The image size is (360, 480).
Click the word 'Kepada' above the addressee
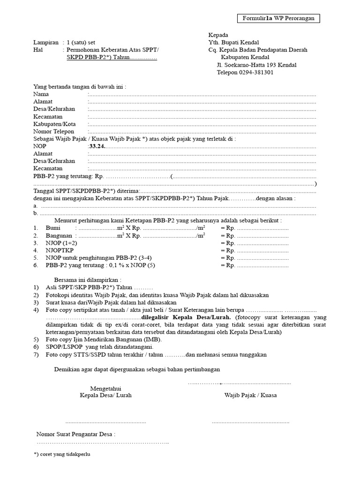pyautogui.click(x=218, y=35)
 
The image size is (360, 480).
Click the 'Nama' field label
pyautogui.click(x=41, y=94)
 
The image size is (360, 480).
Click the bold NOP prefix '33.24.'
pyautogui.click(x=97, y=146)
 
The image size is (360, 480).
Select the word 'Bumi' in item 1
pyautogui.click(x=53, y=228)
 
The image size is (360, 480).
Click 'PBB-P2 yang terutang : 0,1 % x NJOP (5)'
pyautogui.click(x=100, y=265)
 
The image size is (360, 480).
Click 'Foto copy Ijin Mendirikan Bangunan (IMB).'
pyautogui.click(x=103, y=339)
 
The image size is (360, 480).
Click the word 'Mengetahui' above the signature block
pyautogui.click(x=105, y=388)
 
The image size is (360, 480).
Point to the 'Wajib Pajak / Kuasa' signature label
pyautogui.click(x=250, y=395)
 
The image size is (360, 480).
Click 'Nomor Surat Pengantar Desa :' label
pyautogui.click(x=76, y=435)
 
